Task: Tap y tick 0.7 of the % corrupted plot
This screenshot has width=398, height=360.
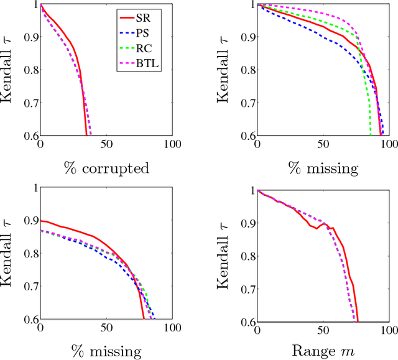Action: tap(29, 103)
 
